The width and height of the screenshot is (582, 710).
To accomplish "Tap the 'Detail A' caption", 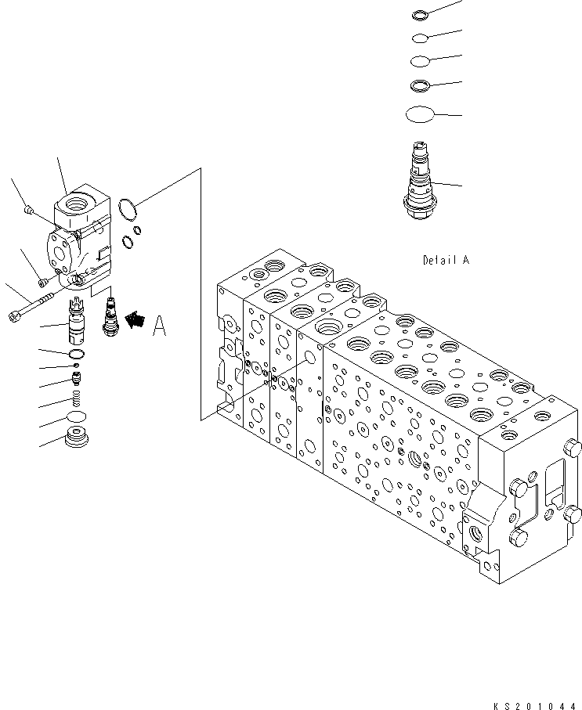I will point(446,260).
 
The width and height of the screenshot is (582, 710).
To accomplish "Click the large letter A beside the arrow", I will point(159,325).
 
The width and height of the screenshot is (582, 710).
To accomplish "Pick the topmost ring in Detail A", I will point(420,14).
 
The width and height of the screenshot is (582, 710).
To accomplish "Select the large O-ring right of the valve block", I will point(126,208).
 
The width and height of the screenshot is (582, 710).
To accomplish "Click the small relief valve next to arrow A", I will point(110,313).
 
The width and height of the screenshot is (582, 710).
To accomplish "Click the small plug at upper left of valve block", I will point(28,209).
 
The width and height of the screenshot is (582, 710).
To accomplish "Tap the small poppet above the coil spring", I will point(77,380).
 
